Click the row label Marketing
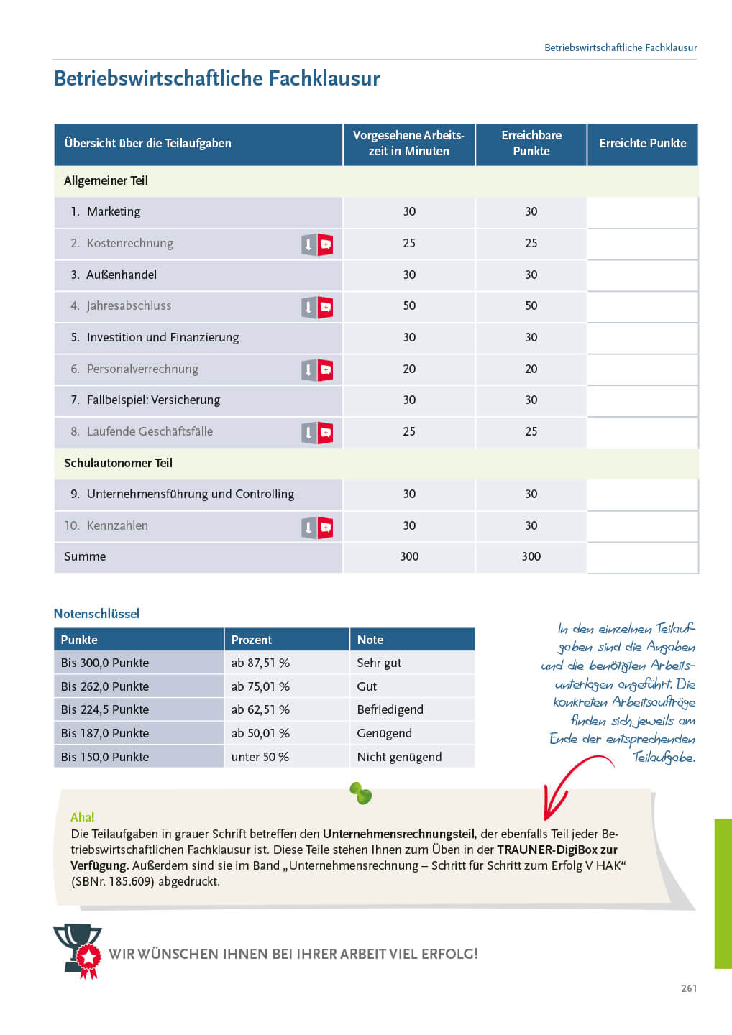pyautogui.click(x=114, y=211)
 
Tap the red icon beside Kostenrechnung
pyautogui.click(x=326, y=245)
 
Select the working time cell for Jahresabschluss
pyautogui.click(x=409, y=306)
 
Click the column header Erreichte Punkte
pyautogui.click(x=642, y=143)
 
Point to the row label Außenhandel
pyautogui.click(x=121, y=275)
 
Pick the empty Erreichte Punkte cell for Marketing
pyautogui.click(x=642, y=212)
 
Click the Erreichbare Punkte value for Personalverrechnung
pyautogui.click(x=531, y=369)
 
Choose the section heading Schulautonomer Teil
pyautogui.click(x=118, y=463)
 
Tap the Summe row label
pyautogui.click(x=85, y=556)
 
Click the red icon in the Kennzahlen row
pyautogui.click(x=326, y=528)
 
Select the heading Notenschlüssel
pyautogui.click(x=96, y=614)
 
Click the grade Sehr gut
pyautogui.click(x=379, y=663)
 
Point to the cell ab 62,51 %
pyautogui.click(x=260, y=709)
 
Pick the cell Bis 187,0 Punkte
pyautogui.click(x=105, y=733)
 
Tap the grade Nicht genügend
pyautogui.click(x=399, y=757)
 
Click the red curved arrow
pyautogui.click(x=568, y=783)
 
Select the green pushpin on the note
pyautogui.click(x=361, y=793)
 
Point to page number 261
pyautogui.click(x=689, y=988)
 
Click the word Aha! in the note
pyautogui.click(x=83, y=817)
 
